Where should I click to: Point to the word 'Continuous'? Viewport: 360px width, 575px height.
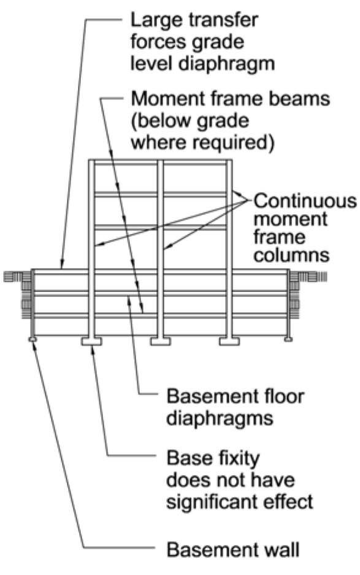pyautogui.click(x=304, y=202)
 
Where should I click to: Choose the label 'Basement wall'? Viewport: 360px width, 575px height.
pyautogui.click(x=233, y=550)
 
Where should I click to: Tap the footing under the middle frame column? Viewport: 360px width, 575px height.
pyautogui.click(x=160, y=341)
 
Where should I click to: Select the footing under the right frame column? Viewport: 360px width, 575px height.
pyautogui.click(x=229, y=341)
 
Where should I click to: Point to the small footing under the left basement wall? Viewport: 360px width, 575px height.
pyautogui.click(x=32, y=338)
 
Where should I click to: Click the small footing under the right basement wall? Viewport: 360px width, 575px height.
pyautogui.click(x=289, y=338)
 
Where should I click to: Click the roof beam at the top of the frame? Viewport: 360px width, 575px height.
pyautogui.click(x=160, y=163)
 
